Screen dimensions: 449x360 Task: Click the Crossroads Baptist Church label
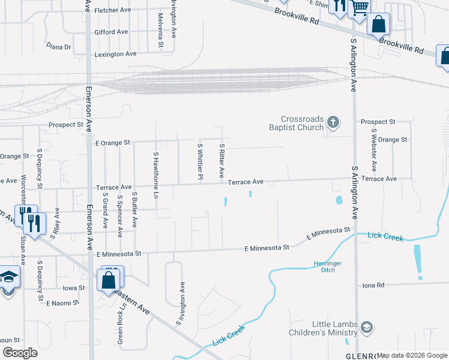(303, 123)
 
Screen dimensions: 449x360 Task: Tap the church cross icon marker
(334, 123)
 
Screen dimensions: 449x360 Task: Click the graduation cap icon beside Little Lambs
(366, 328)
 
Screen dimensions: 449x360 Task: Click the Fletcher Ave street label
(113, 10)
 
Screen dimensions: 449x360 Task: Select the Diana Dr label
(59, 46)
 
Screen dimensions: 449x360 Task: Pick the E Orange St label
(113, 143)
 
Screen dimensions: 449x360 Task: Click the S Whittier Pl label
(200, 160)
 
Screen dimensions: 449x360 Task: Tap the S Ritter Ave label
(221, 160)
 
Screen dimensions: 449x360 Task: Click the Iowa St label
(74, 288)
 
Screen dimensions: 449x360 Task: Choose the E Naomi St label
(63, 303)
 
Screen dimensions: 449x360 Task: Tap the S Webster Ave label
(374, 150)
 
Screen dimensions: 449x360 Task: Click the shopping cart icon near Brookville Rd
(360, 8)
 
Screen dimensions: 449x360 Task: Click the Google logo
(20, 353)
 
